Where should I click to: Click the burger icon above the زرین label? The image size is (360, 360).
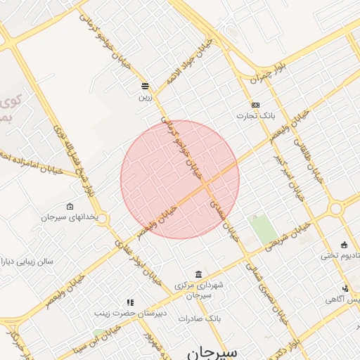tap(144, 86)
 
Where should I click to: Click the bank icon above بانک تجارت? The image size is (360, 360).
tap(255, 105)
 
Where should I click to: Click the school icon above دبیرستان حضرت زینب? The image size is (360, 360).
tap(129, 302)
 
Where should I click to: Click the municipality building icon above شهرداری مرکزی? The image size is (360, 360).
tap(199, 274)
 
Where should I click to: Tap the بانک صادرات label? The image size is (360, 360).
tap(199, 319)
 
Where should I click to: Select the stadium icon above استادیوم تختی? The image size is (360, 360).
tap(344, 244)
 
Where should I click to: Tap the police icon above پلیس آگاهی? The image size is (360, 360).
tap(345, 288)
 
